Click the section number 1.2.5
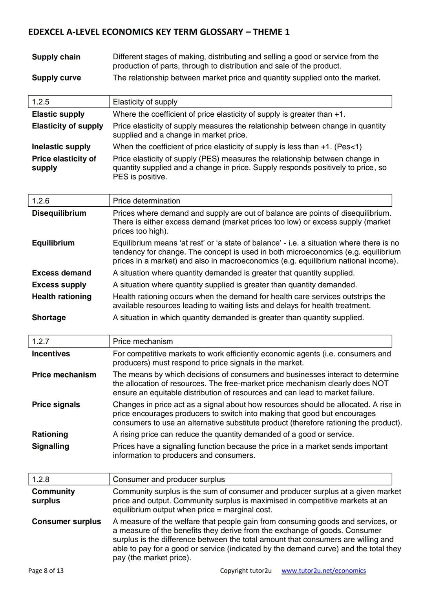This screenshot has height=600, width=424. (40, 102)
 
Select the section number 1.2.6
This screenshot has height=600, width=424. (40, 201)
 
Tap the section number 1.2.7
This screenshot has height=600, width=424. (40, 341)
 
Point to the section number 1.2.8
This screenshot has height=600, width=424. (40, 479)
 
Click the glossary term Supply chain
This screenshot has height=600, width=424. (56, 57)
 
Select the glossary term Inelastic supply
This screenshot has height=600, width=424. (61, 147)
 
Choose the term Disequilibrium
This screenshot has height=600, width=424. (59, 213)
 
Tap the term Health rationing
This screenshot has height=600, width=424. (62, 297)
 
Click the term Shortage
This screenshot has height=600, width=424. (49, 317)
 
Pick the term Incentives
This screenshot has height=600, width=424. (51, 354)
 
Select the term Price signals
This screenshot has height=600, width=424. (56, 405)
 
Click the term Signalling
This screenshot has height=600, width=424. (50, 446)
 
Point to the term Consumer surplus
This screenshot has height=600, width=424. (66, 522)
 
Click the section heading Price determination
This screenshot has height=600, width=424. (146, 201)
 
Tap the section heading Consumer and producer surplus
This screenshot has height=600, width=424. (169, 479)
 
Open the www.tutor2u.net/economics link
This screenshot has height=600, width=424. (323, 571)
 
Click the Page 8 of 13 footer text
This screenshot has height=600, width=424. (46, 571)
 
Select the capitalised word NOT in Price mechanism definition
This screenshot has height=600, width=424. (380, 384)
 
